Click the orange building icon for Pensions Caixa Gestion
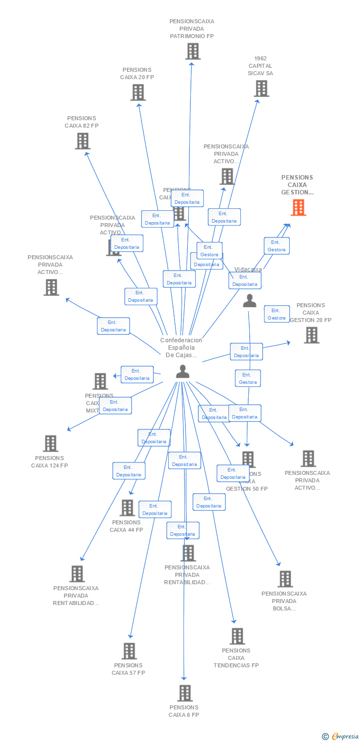298,208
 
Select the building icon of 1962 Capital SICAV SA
262,89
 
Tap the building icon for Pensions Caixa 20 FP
138,93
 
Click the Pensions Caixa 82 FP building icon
83,141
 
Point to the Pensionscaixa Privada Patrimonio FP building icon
193,51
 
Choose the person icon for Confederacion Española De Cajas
182,371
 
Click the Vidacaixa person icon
250,300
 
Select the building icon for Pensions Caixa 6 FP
185,693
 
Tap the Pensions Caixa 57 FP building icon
129,651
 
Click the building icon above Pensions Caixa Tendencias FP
237,636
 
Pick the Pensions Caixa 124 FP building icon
50,444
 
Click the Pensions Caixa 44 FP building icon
127,508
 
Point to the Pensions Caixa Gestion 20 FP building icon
312,335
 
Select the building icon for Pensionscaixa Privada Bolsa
285,579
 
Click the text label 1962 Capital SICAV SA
261,66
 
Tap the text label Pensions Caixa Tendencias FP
236,658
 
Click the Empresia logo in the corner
341,737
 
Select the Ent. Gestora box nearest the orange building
276,246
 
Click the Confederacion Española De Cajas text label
181,348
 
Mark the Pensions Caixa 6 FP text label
184,711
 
